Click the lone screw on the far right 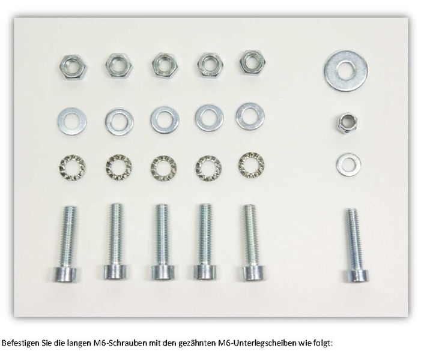coord(355,245)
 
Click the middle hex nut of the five coord(165,66)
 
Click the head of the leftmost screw coord(67,274)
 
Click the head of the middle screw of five coord(162,272)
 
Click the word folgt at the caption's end coord(323,343)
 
